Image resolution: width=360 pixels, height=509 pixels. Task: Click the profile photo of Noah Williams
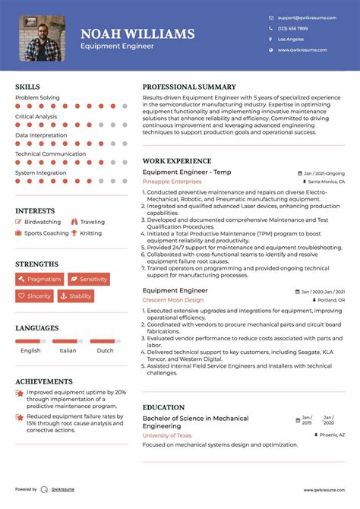(42, 38)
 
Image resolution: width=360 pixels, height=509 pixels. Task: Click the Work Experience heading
(177, 161)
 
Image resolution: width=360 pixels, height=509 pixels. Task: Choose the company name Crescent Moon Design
(173, 299)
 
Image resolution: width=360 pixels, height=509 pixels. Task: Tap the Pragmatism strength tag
(39, 280)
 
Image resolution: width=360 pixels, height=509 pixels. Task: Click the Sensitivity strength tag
(88, 280)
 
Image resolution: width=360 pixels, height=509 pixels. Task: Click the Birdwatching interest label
(43, 222)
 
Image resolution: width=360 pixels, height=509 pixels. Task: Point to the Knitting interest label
(90, 233)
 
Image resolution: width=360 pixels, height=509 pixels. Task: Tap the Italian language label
(68, 350)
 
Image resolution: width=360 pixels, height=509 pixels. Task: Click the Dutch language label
(105, 350)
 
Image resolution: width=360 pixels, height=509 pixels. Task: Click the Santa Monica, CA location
(325, 182)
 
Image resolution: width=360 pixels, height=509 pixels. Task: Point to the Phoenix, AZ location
(328, 435)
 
